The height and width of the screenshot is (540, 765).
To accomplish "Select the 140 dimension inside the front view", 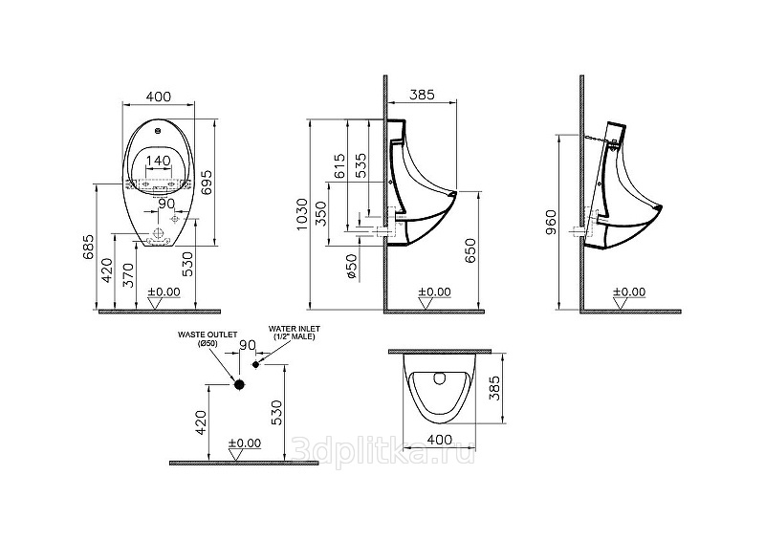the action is [159, 160].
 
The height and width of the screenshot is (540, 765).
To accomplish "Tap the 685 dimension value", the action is [88, 248].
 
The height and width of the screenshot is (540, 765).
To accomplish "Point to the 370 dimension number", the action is [128, 274].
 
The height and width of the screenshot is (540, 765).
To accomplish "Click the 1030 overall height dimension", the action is [302, 214].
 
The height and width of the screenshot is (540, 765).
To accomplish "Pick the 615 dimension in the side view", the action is [339, 166].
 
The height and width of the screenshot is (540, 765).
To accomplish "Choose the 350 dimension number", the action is [319, 213].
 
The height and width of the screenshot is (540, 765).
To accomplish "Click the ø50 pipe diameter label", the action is [352, 267].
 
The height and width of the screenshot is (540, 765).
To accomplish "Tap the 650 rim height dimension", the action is [470, 250].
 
